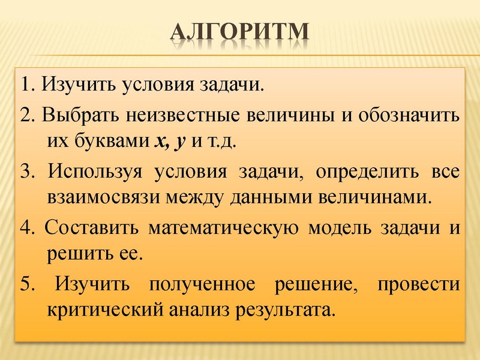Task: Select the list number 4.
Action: pos(23,229)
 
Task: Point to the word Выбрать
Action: pos(74,115)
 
